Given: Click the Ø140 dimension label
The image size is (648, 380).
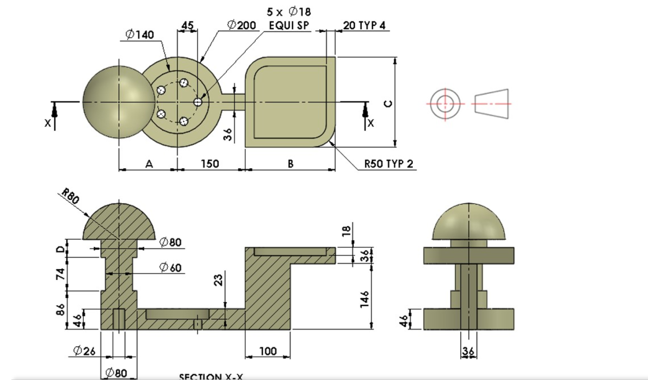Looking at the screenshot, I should tap(140, 35).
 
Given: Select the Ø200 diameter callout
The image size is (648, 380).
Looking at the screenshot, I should tap(241, 25).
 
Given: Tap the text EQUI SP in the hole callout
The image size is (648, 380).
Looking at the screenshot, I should tap(289, 26).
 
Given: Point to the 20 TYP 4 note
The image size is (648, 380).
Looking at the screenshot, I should tap(364, 26).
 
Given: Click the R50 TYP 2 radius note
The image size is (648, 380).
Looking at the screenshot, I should tap(388, 163).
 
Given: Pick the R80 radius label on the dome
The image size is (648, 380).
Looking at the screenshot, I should tap(70, 196).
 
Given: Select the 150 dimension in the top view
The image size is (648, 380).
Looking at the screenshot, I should tap(210, 163).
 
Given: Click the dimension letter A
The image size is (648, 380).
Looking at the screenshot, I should tap(149, 164).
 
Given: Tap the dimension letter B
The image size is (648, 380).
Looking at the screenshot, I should tap(290, 164).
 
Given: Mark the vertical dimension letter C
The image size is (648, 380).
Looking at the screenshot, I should tap(388, 104).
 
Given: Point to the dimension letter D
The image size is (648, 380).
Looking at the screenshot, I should tap(61, 249).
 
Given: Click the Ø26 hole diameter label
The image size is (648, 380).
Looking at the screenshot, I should tap(84, 351).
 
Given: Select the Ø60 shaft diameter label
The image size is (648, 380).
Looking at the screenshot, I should tap(170, 267).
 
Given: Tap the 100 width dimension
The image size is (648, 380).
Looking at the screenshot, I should tap(268, 351).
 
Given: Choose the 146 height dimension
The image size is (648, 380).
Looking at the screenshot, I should tap(364, 299).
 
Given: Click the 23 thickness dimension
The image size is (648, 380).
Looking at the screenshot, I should tap(219, 280).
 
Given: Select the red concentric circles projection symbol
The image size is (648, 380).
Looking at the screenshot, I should tap(445, 104).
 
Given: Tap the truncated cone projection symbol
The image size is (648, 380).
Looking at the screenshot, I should tap(491, 104).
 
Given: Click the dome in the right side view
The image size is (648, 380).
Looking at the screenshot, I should tap(469, 221).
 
